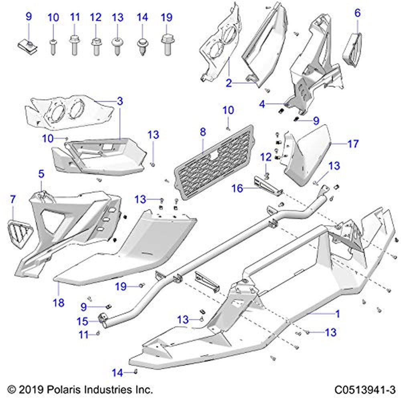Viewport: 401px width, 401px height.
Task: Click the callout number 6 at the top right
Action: [357, 13]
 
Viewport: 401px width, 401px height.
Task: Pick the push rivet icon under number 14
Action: [142, 46]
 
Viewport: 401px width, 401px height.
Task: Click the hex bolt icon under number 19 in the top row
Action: [167, 44]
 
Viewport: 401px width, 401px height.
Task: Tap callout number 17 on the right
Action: [353, 144]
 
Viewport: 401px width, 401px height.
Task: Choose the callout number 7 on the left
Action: [12, 198]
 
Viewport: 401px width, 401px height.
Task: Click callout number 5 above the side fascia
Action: [41, 174]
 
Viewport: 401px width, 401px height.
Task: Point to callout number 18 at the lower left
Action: [59, 302]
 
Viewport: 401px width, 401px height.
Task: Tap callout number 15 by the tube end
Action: [83, 321]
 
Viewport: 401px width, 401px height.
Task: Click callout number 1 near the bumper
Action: [337, 313]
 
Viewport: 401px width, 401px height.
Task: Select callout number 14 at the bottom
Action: [117, 373]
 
